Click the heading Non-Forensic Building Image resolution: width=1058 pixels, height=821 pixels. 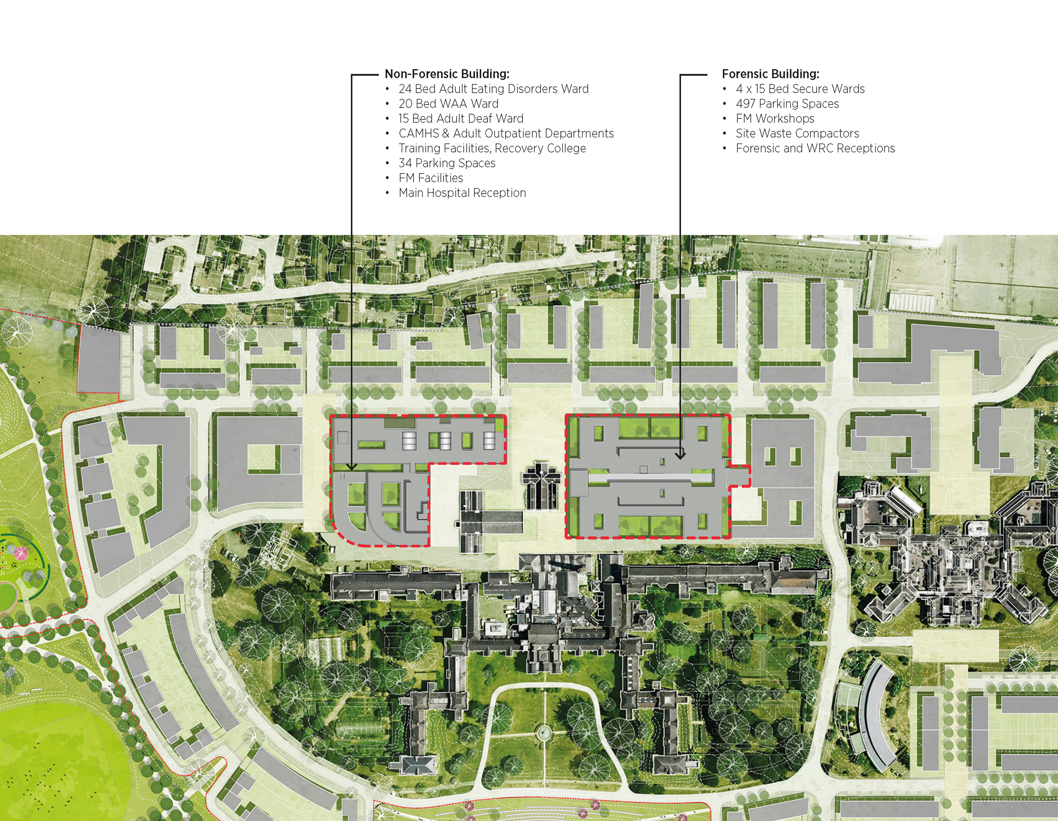(x=446, y=74)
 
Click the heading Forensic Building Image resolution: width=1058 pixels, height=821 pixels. (x=770, y=74)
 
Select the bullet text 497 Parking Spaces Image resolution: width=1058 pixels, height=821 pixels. (x=787, y=104)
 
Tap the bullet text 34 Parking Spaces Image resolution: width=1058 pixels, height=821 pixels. (x=446, y=163)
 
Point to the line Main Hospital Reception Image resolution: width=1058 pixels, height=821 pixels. (x=462, y=193)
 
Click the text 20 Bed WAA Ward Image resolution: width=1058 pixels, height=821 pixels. (x=448, y=104)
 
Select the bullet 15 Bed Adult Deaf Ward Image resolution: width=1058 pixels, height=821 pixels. (x=461, y=119)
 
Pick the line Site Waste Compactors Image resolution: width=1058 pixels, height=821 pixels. (x=797, y=134)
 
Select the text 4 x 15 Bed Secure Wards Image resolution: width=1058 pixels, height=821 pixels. (x=800, y=89)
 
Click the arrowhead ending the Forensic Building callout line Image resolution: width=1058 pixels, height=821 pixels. (x=680, y=456)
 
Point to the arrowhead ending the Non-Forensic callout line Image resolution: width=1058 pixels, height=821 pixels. (x=352, y=467)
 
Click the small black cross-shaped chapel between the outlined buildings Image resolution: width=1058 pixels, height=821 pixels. (x=542, y=486)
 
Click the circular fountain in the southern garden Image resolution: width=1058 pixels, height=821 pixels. (x=544, y=732)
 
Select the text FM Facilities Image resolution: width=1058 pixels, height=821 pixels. (x=431, y=178)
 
